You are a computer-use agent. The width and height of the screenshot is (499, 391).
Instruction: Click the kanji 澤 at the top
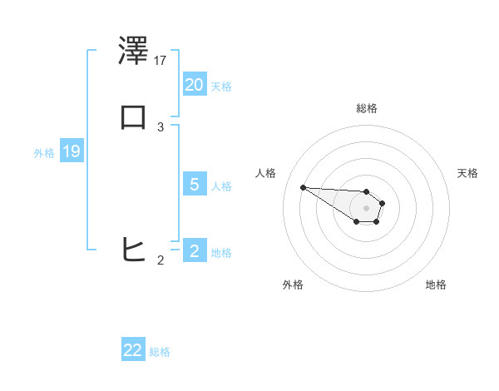pyautogui.click(x=133, y=52)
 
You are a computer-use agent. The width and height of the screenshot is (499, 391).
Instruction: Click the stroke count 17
pyautogui.click(x=161, y=60)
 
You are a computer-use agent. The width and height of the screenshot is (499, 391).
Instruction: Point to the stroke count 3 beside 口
pyautogui.click(x=161, y=126)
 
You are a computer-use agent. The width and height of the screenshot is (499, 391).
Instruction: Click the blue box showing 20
pyautogui.click(x=195, y=85)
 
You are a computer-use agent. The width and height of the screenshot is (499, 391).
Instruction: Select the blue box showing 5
pyautogui.click(x=195, y=185)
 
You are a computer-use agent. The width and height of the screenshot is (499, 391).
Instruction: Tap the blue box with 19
pyautogui.click(x=72, y=151)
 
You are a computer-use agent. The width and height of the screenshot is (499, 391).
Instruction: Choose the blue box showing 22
pyautogui.click(x=133, y=350)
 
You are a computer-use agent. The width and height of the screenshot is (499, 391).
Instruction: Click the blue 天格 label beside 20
pyautogui.click(x=221, y=87)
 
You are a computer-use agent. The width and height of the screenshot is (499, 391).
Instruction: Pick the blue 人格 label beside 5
pyautogui.click(x=221, y=186)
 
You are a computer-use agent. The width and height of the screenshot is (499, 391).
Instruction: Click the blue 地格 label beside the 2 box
pyautogui.click(x=221, y=253)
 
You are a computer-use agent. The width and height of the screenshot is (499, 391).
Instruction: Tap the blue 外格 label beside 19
pyautogui.click(x=44, y=153)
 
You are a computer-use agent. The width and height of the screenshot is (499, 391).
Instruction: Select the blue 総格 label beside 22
pyautogui.click(x=160, y=352)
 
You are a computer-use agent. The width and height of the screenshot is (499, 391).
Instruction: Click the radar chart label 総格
pyautogui.click(x=367, y=108)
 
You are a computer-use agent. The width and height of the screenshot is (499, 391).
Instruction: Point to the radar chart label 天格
pyautogui.click(x=467, y=173)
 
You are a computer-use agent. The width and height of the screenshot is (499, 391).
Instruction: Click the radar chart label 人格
pyautogui.click(x=265, y=173)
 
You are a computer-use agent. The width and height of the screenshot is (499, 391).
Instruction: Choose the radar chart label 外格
pyautogui.click(x=293, y=285)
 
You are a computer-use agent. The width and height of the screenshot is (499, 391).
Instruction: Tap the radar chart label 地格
pyautogui.click(x=436, y=285)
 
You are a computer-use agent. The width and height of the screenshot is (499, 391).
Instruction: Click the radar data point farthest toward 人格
pyautogui.click(x=303, y=187)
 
